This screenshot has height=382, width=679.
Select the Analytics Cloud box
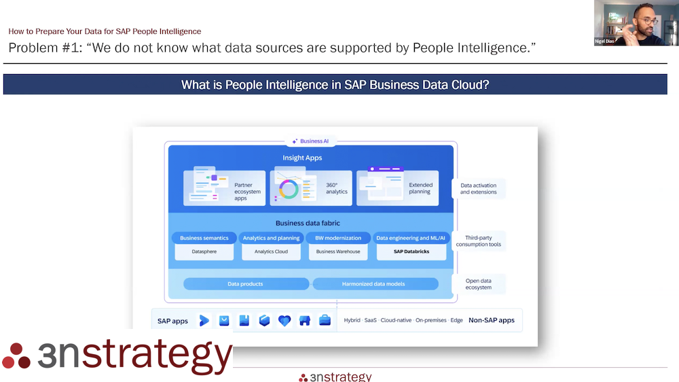tap(271, 251)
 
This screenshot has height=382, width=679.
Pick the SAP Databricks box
tap(411, 251)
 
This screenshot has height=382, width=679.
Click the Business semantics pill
tap(204, 238)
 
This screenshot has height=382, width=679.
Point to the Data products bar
tap(245, 283)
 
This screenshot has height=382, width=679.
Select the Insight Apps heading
tap(302, 158)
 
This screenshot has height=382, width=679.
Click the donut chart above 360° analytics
tap(288, 190)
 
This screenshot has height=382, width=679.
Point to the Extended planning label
tap(420, 188)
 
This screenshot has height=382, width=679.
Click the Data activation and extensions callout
tap(479, 188)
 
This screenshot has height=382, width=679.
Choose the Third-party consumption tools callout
tap(479, 241)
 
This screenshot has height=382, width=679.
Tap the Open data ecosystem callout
tap(479, 283)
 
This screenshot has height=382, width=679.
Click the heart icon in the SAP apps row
tap(285, 320)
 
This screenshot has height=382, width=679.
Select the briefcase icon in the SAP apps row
tap(325, 320)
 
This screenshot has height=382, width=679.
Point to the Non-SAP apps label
tap(492, 320)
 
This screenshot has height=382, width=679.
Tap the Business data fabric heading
tap(308, 223)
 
